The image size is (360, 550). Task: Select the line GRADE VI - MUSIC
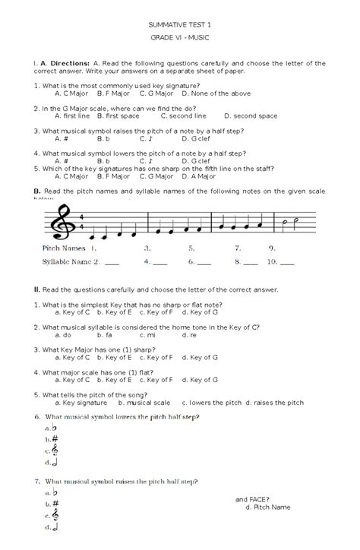coord(180,38)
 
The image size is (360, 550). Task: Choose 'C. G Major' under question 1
coord(157,93)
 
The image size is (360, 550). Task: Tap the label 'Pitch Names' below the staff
coord(64,248)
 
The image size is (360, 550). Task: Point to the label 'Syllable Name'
coord(68,262)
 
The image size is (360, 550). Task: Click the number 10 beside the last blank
coord(272,262)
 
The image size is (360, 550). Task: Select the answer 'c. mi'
coord(146,334)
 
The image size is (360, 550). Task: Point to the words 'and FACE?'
coord(251,498)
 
